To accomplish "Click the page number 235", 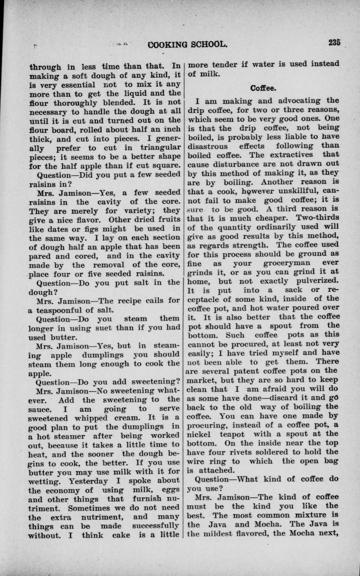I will click(335, 42).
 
